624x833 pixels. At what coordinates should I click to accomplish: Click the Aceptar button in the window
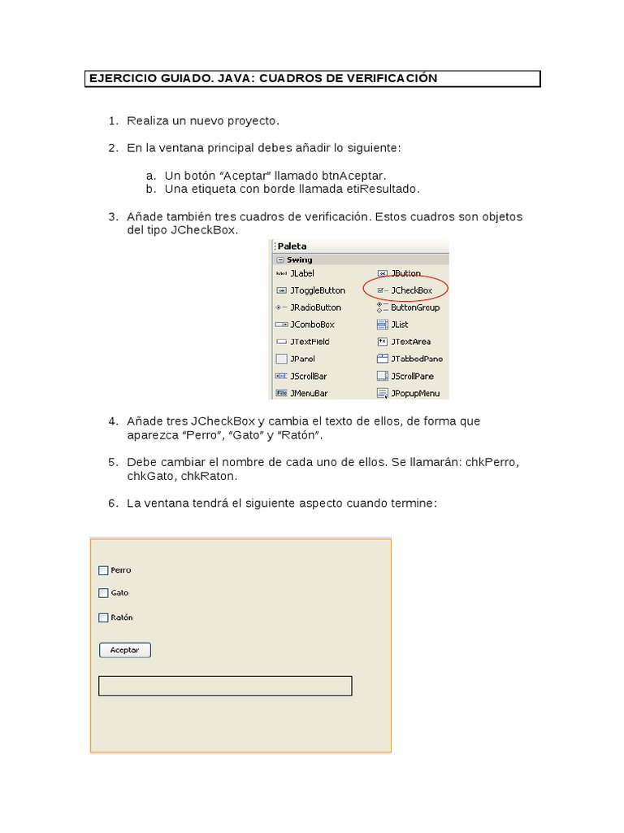124,650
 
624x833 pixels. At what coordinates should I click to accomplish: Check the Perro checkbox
103,570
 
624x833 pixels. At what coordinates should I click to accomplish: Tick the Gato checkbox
103,593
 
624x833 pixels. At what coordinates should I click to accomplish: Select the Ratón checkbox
103,617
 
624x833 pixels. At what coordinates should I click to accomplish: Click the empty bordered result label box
225,686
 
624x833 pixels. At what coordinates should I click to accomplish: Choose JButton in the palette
405,273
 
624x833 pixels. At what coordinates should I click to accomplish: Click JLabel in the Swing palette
301,273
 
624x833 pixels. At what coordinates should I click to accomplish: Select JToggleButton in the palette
316,290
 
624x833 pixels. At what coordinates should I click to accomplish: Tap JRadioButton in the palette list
314,307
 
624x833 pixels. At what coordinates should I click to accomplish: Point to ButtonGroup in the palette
414,307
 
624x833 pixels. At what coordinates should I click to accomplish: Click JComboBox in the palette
311,325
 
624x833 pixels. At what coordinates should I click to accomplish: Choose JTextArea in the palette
409,342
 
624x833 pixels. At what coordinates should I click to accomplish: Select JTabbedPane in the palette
416,359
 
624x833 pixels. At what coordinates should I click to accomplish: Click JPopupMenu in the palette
414,393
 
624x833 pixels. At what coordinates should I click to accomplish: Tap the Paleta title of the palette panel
292,246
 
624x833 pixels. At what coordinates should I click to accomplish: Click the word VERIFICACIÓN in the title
393,78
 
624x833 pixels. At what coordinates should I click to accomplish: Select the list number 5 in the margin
113,462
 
